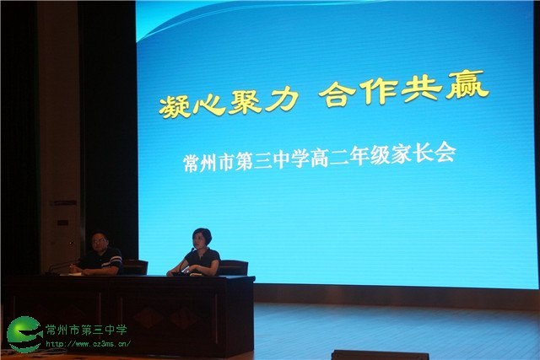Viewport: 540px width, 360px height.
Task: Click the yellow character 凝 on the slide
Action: [175, 105]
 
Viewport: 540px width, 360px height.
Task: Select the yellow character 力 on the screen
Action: [282, 99]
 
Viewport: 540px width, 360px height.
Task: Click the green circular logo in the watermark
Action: [24, 334]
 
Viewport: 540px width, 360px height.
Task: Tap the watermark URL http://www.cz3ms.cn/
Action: [88, 343]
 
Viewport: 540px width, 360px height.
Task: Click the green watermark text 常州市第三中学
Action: [86, 330]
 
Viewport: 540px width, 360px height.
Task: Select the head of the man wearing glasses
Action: [100, 242]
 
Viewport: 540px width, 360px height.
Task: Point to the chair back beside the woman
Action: [234, 268]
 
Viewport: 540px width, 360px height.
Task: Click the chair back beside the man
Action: [135, 267]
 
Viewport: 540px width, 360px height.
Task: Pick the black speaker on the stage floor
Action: [381, 355]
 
